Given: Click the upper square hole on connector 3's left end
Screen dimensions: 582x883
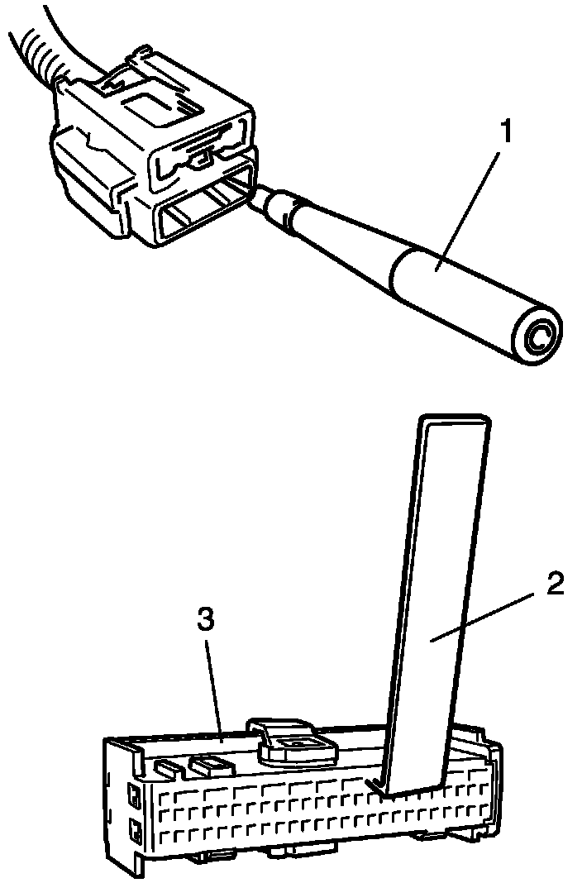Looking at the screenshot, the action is point(131,797).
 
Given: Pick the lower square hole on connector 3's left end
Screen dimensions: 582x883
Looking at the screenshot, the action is point(131,828).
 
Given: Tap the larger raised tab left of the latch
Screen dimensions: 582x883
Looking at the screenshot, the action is point(211,762).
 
